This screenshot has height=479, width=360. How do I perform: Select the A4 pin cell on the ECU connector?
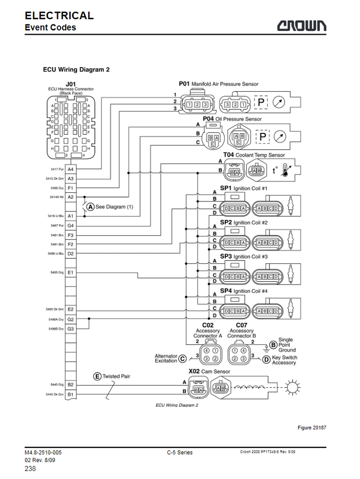click(71, 169)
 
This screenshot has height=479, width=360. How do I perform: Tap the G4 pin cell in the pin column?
click(71, 225)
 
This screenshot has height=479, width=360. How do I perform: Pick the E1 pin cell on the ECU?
click(71, 272)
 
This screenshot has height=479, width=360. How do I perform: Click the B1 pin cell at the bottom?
click(71, 394)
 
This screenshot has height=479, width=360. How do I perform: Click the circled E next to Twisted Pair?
click(97, 376)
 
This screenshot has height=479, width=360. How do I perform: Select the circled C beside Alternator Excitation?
click(183, 359)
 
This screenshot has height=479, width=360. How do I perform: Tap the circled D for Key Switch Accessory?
click(266, 360)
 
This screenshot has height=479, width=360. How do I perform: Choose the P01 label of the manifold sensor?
click(184, 84)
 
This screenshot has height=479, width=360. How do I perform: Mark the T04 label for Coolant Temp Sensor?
click(229, 154)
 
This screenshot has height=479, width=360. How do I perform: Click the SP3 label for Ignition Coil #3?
click(226, 256)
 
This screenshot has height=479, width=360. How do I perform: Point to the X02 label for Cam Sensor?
click(194, 371)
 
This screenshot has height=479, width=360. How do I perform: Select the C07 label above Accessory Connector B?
click(242, 325)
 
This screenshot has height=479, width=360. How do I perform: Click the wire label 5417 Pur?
click(57, 169)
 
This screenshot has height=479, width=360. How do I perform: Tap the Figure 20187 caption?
click(312, 428)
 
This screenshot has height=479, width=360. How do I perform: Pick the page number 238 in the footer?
click(30, 469)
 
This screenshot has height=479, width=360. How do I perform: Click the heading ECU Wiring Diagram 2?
click(76, 70)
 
